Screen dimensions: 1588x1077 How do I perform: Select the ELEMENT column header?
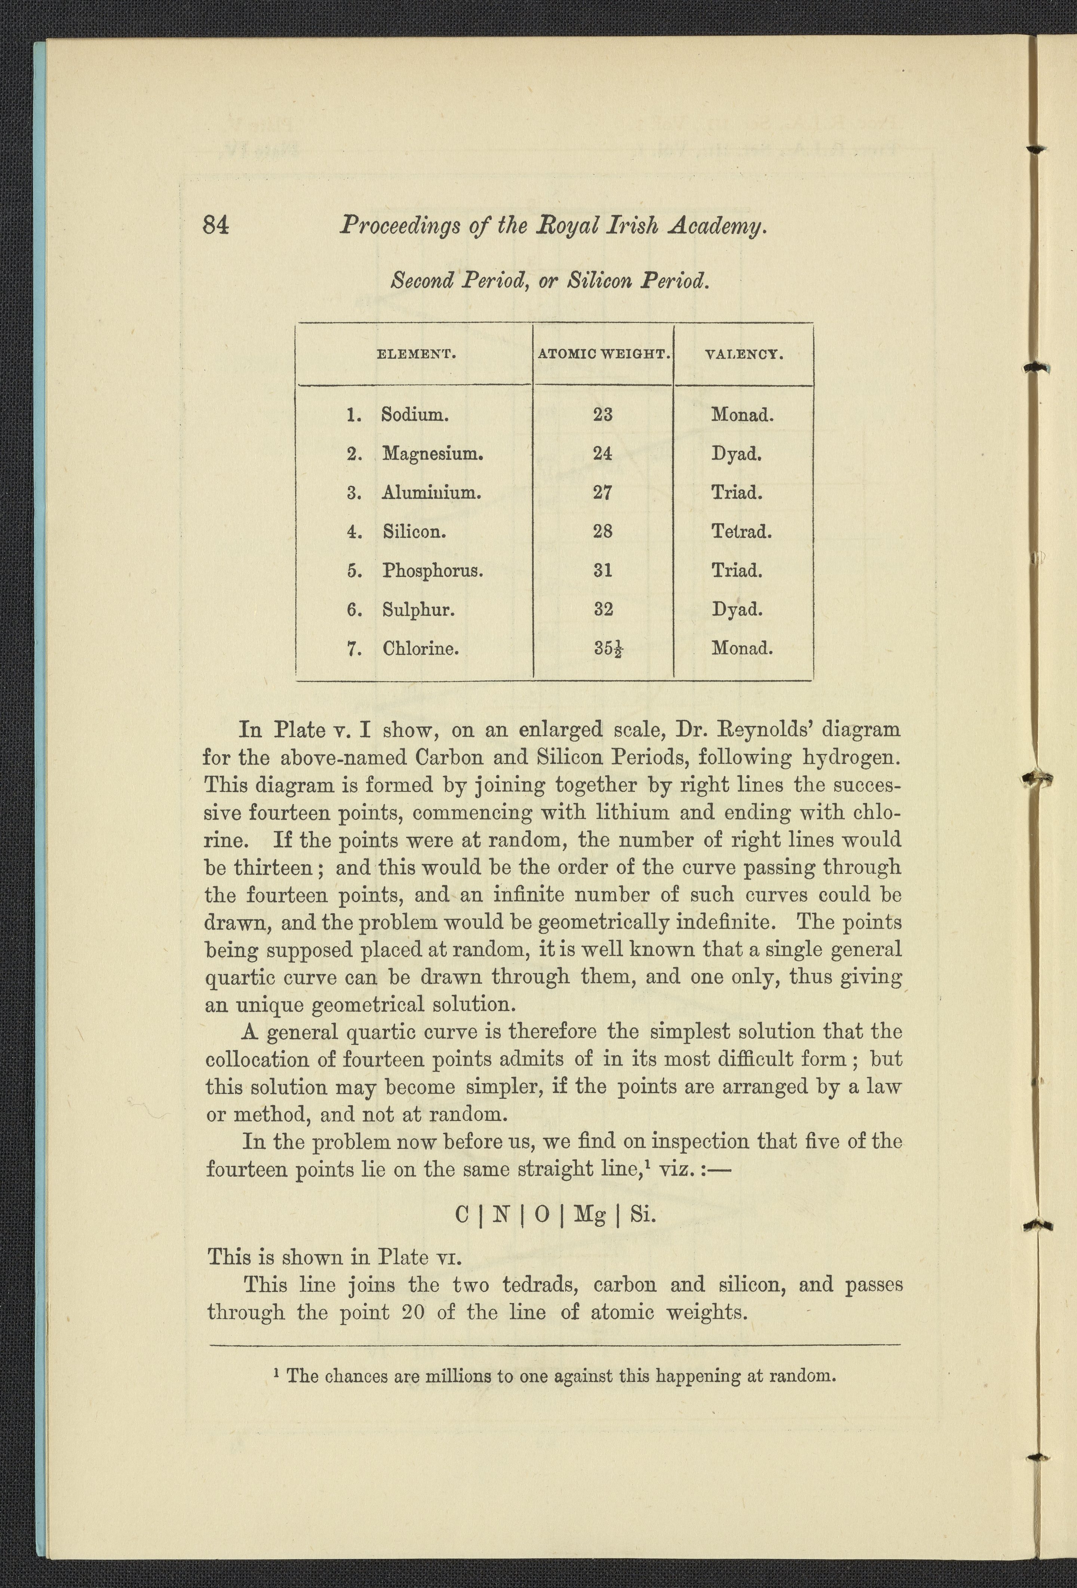[416, 355]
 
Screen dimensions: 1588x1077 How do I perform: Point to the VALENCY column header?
[743, 355]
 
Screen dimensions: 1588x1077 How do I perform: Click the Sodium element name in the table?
[414, 415]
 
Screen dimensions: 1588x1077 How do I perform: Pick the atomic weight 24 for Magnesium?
[602, 454]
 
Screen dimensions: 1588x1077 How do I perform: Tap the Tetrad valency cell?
[742, 531]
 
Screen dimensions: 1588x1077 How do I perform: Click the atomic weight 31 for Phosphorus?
[602, 570]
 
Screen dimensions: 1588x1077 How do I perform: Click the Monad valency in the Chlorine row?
[742, 648]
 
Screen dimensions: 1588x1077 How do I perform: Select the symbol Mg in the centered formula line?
[589, 1214]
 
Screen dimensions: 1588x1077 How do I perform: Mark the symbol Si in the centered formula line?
[642, 1214]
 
